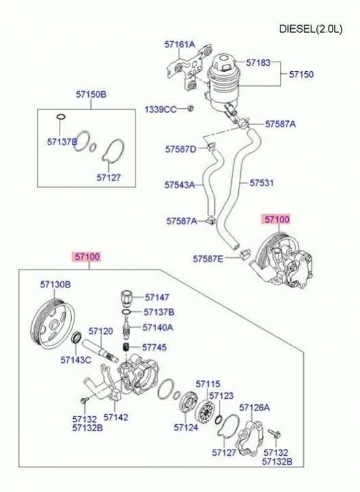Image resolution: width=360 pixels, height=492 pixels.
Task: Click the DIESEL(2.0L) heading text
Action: (311, 29)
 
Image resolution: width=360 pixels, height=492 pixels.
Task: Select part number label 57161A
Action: (180, 44)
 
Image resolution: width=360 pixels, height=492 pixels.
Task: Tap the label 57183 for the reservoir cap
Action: (258, 62)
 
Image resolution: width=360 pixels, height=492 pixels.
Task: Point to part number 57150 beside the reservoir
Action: (301, 75)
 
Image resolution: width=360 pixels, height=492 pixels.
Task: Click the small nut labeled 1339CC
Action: (190, 109)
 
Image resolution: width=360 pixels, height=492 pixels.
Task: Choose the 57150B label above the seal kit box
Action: (91, 94)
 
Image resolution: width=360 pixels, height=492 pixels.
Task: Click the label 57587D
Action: (181, 149)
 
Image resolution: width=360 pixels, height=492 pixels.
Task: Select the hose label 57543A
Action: (180, 185)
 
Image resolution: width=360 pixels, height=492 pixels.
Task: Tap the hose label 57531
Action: (261, 183)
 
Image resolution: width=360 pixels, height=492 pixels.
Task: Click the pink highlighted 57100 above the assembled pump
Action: (277, 219)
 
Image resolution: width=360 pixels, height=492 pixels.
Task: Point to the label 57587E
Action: (208, 259)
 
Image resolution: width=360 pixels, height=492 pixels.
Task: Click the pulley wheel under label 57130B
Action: (53, 323)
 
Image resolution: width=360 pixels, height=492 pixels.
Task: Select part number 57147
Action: (157, 297)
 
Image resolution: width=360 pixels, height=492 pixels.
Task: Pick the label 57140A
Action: (158, 328)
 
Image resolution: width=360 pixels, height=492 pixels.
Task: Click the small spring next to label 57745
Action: (126, 348)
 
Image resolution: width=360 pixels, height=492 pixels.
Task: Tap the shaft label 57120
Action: (101, 331)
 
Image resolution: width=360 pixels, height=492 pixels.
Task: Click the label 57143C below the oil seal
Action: (76, 360)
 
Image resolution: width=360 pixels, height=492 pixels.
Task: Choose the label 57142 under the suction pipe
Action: (116, 417)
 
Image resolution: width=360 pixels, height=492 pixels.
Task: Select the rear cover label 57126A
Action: (254, 407)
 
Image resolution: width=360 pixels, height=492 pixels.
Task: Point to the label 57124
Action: (185, 427)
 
